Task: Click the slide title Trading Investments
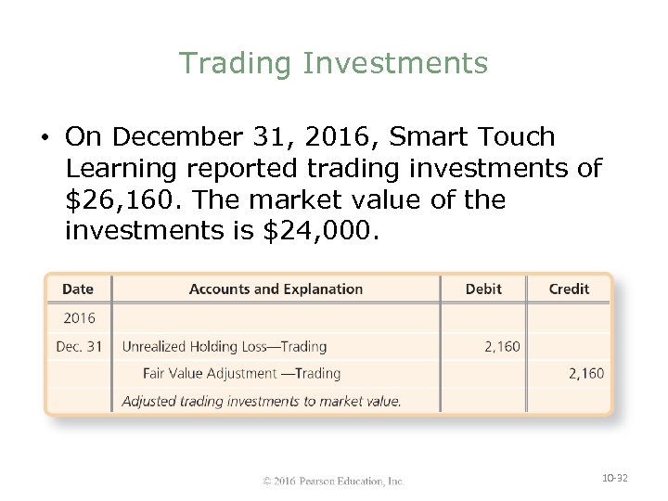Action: click(333, 63)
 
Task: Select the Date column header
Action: click(78, 289)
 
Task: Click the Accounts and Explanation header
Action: click(276, 289)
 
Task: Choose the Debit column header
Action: click(483, 289)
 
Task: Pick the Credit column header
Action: click(569, 289)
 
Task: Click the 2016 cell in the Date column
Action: click(79, 318)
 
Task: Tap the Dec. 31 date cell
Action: click(79, 347)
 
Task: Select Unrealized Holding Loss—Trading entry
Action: click(225, 347)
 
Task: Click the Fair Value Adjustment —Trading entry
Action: click(241, 374)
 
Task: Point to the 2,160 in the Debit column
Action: click(502, 347)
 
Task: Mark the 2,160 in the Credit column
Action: click(585, 374)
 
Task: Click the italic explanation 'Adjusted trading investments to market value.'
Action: click(262, 402)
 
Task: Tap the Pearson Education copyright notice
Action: click(333, 481)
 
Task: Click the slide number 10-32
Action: click(615, 478)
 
